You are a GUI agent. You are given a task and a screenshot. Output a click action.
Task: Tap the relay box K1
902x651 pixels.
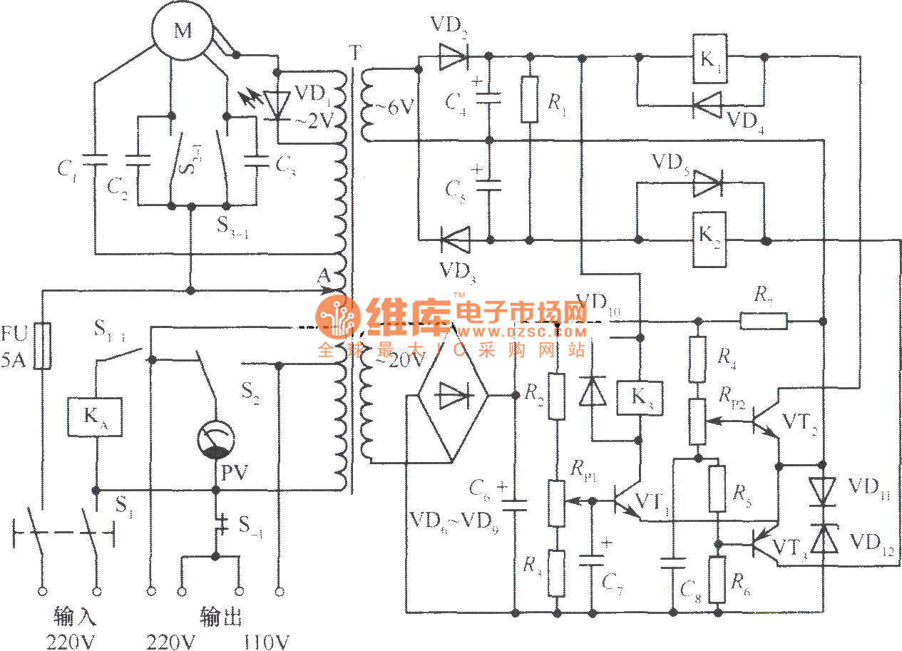[709, 57]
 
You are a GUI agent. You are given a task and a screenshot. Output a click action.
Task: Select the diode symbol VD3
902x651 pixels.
[454, 239]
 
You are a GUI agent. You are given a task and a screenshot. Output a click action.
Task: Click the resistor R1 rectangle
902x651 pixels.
[530, 99]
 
